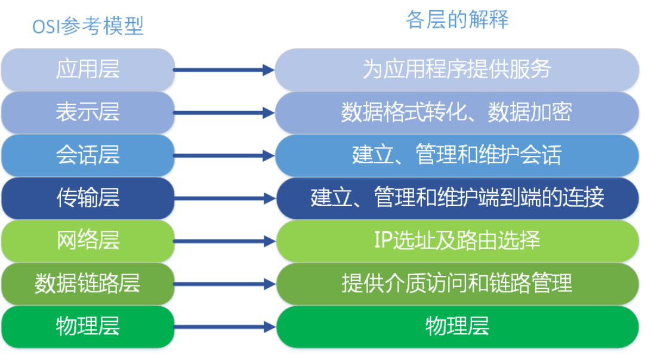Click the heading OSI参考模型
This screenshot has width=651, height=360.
point(88,26)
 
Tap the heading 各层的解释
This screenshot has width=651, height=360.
point(457,20)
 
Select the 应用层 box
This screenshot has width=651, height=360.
point(88,70)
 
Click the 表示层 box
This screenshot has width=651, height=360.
point(88,112)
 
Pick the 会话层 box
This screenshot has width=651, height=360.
point(88,155)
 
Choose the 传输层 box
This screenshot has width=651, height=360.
point(88,198)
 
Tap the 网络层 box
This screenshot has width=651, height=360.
point(88,241)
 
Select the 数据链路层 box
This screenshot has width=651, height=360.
point(88,284)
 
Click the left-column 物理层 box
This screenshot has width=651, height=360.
point(88,327)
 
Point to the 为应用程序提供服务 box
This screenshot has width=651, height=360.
point(457,70)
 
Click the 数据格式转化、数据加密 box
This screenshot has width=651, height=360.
point(457,112)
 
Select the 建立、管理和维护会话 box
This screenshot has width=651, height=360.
point(457,155)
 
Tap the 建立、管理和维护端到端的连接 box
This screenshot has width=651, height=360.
point(457,198)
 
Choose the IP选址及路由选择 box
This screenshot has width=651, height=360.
point(457,241)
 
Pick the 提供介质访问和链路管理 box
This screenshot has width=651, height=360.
point(457,284)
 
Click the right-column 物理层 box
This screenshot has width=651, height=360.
point(457,327)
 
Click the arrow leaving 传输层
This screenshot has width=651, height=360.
point(224,198)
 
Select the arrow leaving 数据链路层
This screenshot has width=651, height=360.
point(224,284)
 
